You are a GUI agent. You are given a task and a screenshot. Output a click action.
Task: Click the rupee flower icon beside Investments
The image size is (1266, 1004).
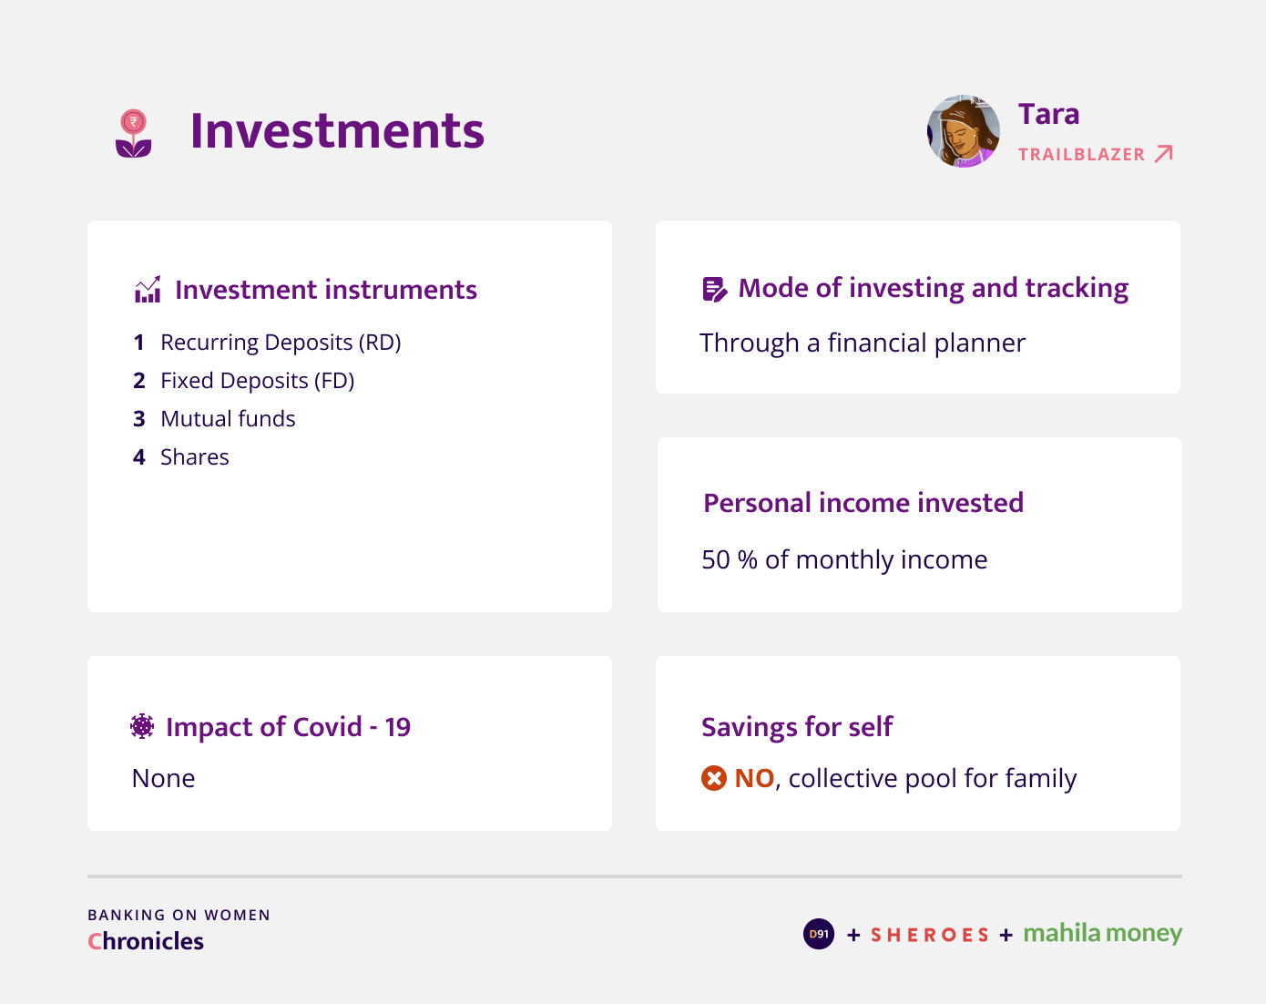coord(134,134)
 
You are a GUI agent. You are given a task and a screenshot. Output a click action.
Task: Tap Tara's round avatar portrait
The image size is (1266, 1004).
coord(963,131)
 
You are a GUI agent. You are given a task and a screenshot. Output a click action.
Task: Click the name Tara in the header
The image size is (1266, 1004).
coord(1048,114)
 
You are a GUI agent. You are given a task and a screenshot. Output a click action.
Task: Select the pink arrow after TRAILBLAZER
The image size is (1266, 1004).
coord(1164,154)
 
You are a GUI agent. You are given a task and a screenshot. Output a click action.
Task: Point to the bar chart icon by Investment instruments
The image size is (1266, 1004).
coord(147,289)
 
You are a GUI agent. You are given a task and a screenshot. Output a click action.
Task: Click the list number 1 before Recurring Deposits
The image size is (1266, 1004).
coord(138,343)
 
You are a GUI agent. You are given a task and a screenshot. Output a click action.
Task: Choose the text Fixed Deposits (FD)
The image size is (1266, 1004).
coord(257,381)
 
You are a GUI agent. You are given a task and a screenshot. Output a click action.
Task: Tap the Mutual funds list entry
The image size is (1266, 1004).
coord(228,419)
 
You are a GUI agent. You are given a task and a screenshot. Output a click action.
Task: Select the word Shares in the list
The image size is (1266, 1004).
coord(195,457)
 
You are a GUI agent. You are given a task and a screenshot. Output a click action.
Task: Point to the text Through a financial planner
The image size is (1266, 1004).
coord(863,343)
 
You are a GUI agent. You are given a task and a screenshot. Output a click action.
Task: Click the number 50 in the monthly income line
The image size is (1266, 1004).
coord(716,559)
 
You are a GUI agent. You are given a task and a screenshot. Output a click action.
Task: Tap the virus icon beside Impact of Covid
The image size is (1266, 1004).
coord(142,726)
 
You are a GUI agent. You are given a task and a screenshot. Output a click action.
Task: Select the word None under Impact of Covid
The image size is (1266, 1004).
coord(164,779)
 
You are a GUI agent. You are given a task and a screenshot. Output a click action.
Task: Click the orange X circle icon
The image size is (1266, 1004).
coord(713,778)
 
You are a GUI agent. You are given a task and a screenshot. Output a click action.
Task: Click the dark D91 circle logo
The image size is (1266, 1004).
coord(818,934)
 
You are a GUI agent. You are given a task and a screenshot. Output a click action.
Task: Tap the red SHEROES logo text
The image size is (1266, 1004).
coord(930,935)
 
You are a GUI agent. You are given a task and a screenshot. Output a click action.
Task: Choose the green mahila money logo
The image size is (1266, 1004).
coord(1103,933)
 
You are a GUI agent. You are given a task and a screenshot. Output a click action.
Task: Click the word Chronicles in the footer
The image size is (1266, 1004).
coord(146,941)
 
